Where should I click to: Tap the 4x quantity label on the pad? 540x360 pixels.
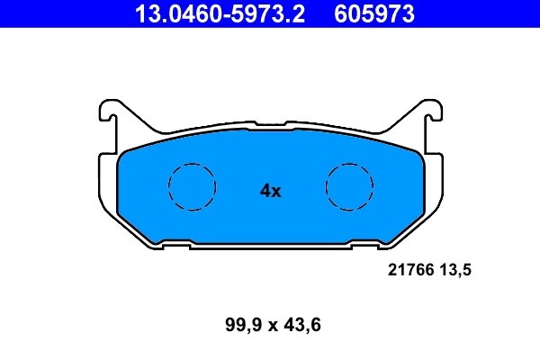pos(270,191)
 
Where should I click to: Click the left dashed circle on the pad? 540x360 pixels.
pos(193,187)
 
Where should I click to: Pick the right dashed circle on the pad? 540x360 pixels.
pos(349,187)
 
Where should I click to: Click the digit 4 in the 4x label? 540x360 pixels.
pos(265,191)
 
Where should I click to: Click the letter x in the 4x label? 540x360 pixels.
pos(276,192)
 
